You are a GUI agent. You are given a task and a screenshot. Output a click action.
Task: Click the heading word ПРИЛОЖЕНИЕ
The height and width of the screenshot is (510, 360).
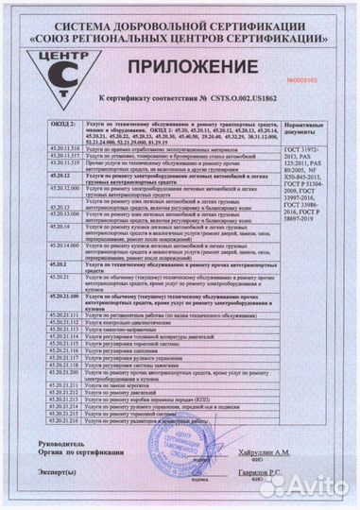coord(204,67)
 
